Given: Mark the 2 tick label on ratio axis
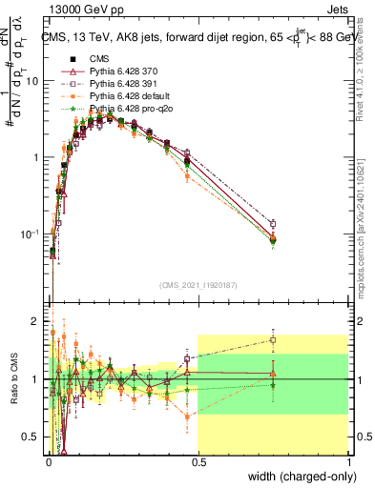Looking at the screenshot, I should click(36, 320).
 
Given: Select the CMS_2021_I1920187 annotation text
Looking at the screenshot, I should click(198, 285).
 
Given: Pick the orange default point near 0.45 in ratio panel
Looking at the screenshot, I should click(187, 416).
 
